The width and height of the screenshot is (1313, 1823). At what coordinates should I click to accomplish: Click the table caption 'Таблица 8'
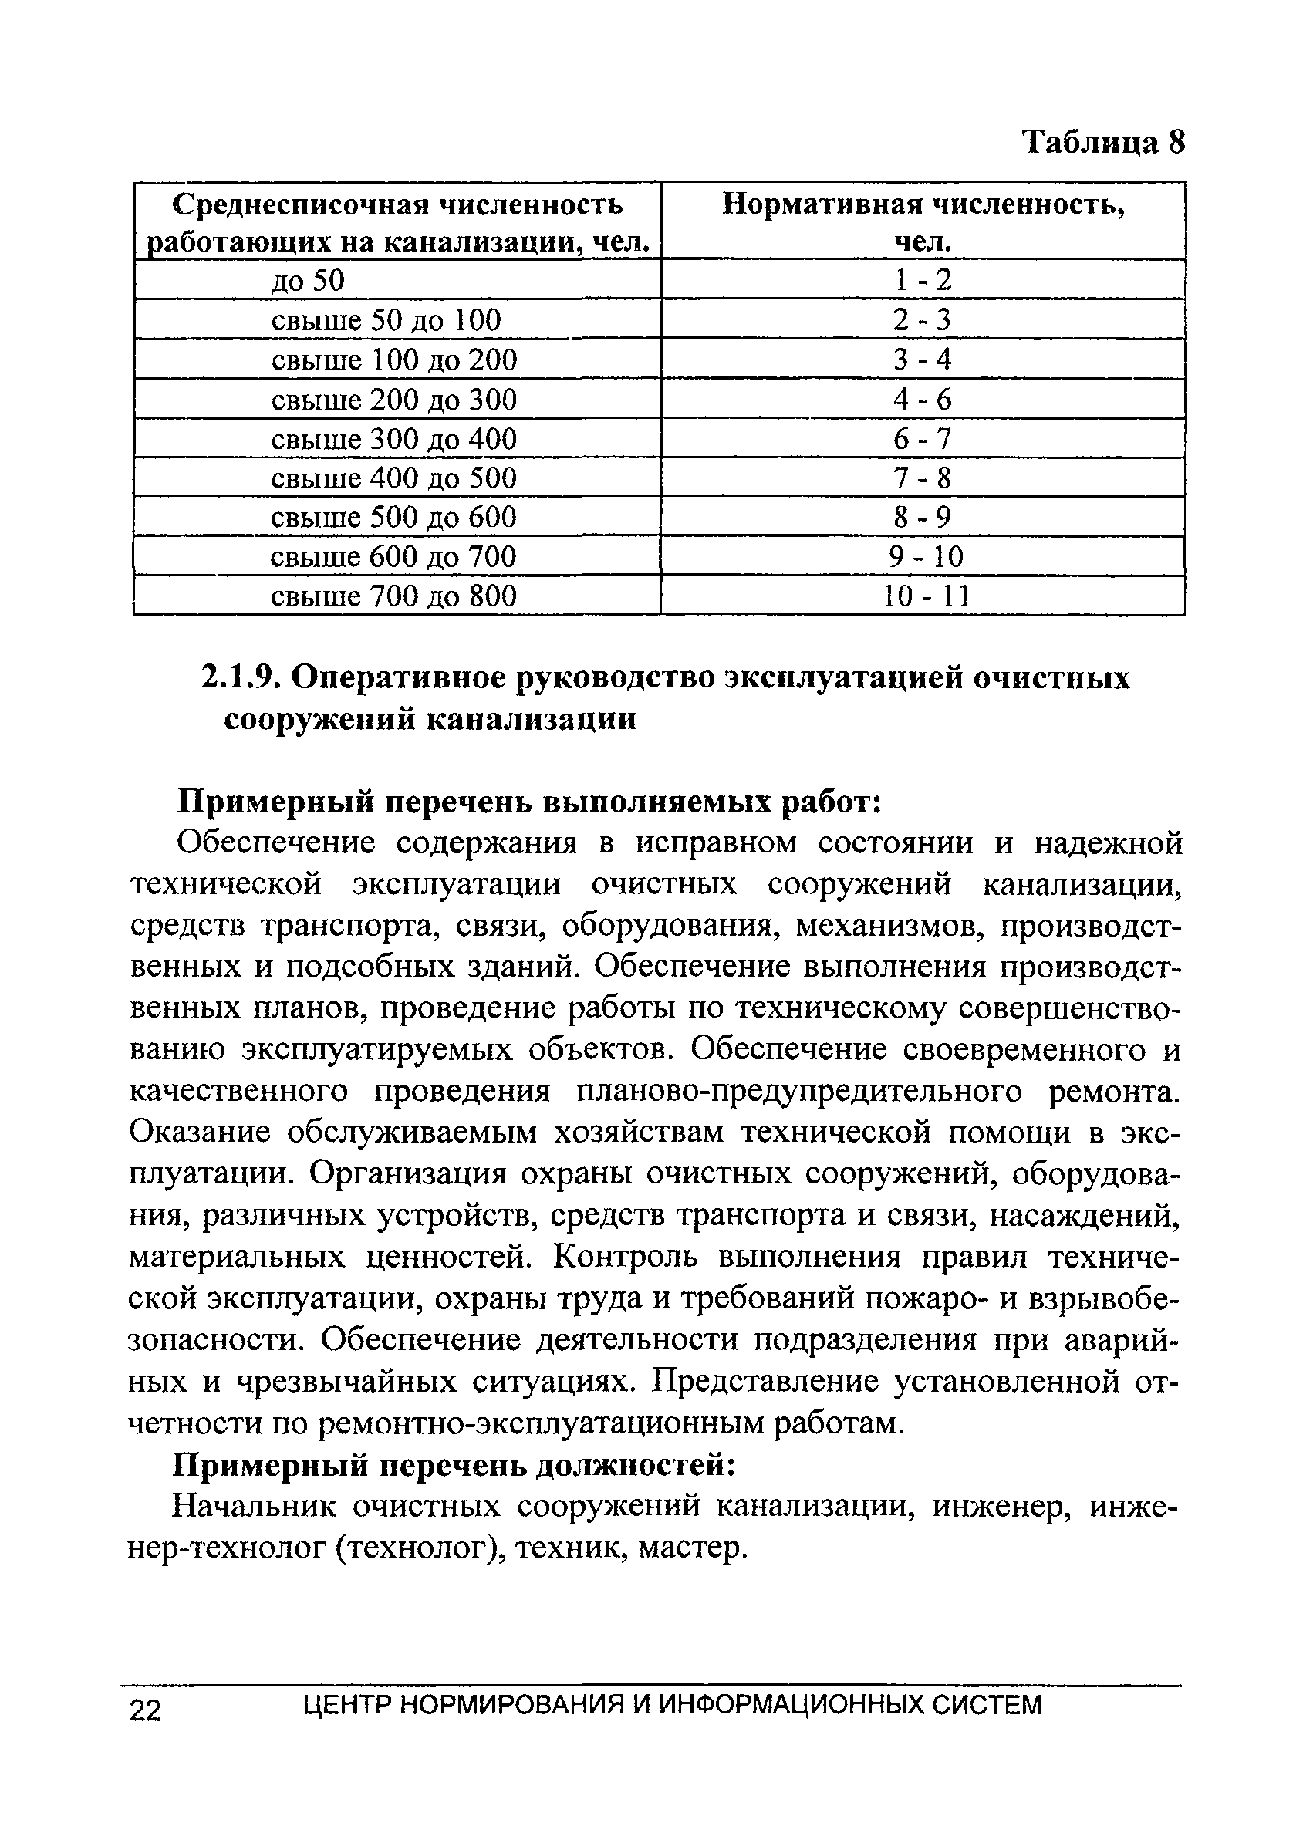coord(1102,143)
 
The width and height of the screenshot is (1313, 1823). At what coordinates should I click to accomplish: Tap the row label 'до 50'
coord(309,280)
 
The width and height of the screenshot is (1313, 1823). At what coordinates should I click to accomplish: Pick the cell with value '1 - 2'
coord(923,280)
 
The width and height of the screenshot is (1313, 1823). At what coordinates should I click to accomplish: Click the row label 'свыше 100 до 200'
coord(393,360)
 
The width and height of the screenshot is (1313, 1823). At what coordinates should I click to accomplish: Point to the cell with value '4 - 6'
coord(923,400)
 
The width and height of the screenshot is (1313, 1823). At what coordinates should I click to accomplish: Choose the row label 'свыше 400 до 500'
coord(393,478)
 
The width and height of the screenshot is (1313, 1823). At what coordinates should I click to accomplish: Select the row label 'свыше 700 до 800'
coord(393,596)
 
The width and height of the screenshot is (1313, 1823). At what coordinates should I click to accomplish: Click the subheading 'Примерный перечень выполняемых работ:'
coord(529,802)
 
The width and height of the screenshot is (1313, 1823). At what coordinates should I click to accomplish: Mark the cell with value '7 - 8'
coord(923,478)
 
